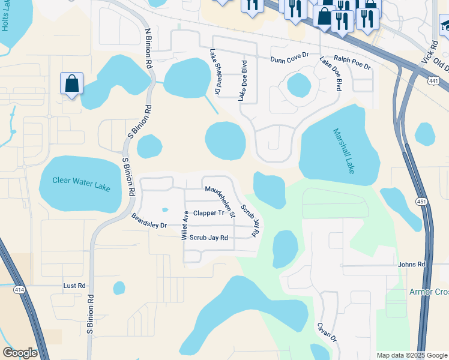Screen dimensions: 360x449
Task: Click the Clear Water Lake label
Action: point(81,183)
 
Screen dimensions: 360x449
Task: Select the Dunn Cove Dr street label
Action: point(289,60)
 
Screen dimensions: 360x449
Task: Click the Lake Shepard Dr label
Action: point(214,71)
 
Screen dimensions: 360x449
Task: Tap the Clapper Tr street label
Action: point(208,213)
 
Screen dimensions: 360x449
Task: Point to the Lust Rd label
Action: point(74,286)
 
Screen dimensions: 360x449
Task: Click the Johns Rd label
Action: point(411,264)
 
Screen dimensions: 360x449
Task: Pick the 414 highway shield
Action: point(20,290)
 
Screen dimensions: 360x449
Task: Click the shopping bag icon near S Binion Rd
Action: point(71,85)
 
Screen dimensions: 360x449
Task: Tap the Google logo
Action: point(20,353)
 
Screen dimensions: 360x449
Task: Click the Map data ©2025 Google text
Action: point(411,355)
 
